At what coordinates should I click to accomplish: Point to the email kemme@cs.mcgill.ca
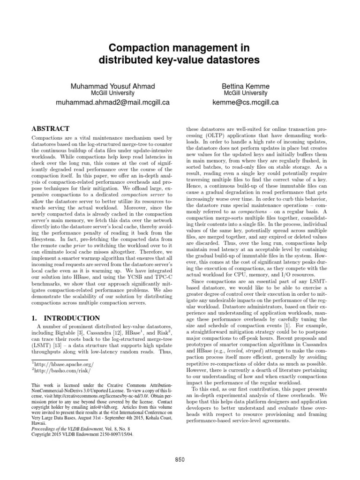pos(246,102)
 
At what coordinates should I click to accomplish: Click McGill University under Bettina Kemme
pos(246,93)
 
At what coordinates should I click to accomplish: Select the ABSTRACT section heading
pos(50,128)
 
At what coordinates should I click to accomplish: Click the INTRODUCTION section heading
pos(66,318)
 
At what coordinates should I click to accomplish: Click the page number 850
pos(180,459)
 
